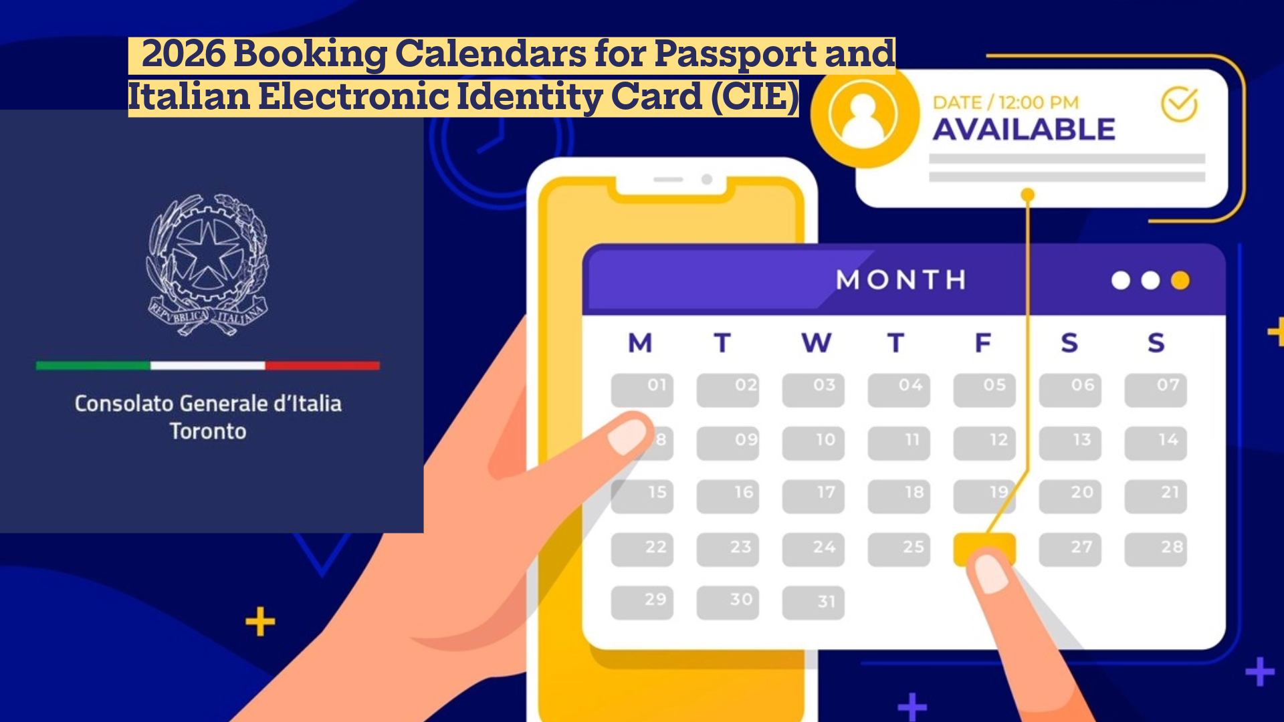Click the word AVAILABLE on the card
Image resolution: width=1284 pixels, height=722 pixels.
[1024, 129]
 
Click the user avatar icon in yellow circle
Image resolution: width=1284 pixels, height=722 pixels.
[863, 114]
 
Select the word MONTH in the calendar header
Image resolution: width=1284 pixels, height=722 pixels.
[901, 279]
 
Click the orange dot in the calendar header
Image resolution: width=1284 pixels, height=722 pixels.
[1180, 280]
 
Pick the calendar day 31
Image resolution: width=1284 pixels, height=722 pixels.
[813, 602]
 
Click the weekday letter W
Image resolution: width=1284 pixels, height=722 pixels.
[816, 343]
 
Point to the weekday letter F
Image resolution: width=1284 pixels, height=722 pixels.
[982, 343]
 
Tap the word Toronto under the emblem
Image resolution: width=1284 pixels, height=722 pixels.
[208, 431]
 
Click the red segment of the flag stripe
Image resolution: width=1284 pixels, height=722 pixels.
[322, 366]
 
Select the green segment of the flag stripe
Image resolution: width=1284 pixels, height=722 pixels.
[93, 366]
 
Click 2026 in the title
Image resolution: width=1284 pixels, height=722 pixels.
[184, 53]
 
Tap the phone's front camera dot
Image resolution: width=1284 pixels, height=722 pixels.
[706, 179]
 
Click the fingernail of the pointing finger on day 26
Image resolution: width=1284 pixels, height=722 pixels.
[991, 574]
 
